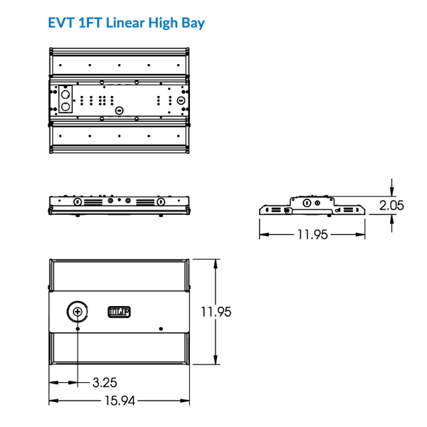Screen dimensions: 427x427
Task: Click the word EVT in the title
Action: [x=63, y=22]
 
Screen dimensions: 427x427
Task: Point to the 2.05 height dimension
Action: [x=391, y=205]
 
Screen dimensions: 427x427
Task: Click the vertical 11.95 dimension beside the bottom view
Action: [x=216, y=311]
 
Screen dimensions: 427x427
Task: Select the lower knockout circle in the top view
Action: [x=65, y=106]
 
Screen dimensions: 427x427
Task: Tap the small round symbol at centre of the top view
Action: [x=120, y=110]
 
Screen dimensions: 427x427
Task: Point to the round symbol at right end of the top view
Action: [x=181, y=100]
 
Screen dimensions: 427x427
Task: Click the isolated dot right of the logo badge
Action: [x=162, y=329]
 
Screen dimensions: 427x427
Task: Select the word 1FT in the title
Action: [x=90, y=22]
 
